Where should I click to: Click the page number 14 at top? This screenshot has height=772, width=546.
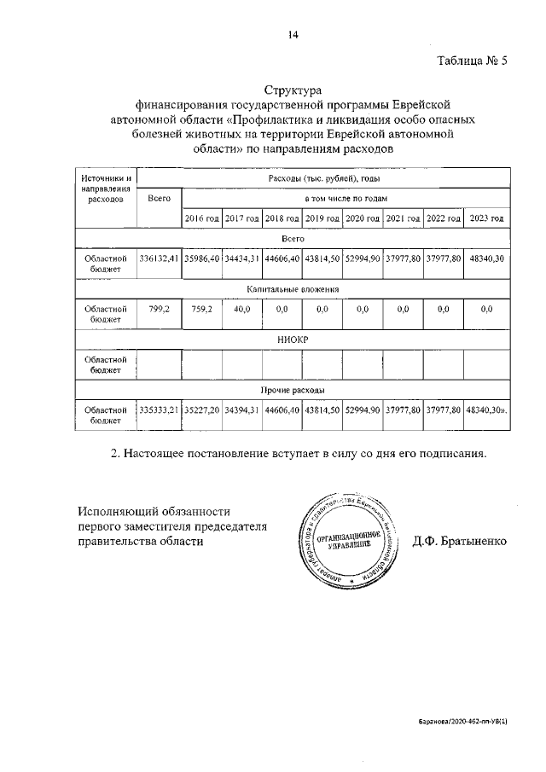click(293, 35)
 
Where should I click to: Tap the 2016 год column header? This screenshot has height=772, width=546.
click(202, 219)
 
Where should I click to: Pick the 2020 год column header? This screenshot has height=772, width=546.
click(363, 219)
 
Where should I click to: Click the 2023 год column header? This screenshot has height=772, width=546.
click(485, 219)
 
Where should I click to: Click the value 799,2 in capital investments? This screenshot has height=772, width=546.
click(159, 311)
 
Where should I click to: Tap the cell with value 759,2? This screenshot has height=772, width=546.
click(202, 311)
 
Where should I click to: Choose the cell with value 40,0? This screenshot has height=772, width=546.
click(242, 311)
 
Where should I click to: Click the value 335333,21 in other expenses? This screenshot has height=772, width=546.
click(159, 411)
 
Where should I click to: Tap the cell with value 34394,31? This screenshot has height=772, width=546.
click(242, 411)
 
